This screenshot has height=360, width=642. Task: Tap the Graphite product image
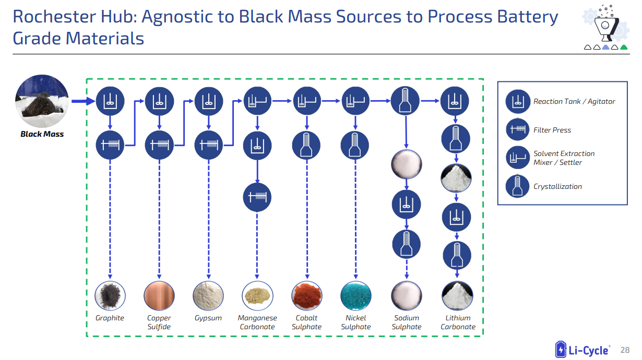pos(110,295)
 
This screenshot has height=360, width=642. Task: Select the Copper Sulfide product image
pos(159,295)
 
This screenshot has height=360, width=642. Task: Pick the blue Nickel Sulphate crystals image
pos(356,295)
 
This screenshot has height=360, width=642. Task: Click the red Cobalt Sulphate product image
pos(307,295)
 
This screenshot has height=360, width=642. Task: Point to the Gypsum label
pos(208,318)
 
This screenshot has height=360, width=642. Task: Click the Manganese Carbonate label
pos(257,322)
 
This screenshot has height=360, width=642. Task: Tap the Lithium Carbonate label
pos(458,322)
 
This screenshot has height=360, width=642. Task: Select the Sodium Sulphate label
pos(407,322)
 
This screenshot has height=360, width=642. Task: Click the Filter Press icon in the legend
pos(518,130)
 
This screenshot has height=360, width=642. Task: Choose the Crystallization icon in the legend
pos(518,186)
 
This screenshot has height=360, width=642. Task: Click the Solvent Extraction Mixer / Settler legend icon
pos(518,158)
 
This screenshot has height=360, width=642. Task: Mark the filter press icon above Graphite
pos(110,145)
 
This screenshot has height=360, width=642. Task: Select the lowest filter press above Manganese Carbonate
pos(257,197)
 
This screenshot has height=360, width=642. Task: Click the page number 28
pos(624,350)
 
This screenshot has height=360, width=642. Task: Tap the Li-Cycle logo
pos(582,350)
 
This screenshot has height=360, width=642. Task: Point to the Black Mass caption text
pos(42,134)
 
